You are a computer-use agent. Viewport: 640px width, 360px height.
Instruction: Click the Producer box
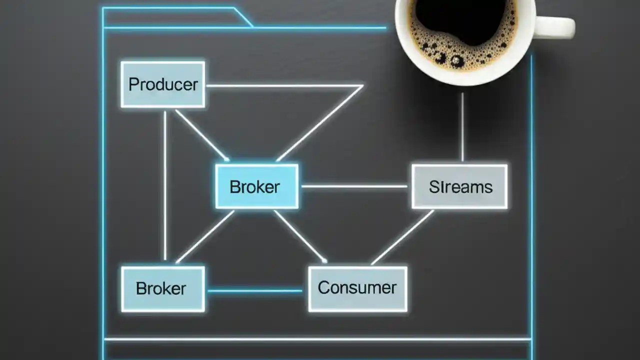162,84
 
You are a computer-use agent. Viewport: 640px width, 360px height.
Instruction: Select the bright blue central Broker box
256,186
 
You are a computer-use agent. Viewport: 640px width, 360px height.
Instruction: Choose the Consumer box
357,288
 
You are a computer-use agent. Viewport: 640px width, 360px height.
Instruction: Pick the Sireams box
459,186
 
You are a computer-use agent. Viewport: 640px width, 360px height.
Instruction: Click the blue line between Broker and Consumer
255,290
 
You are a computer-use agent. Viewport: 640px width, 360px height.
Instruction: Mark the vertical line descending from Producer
165,185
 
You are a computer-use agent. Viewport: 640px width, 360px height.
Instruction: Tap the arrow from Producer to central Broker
201,135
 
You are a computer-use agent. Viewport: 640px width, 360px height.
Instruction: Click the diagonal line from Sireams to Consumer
402,237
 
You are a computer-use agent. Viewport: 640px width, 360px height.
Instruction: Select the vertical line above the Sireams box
462,127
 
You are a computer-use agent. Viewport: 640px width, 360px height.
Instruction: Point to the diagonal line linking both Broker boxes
205,236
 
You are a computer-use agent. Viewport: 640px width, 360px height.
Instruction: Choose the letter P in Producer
133,84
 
